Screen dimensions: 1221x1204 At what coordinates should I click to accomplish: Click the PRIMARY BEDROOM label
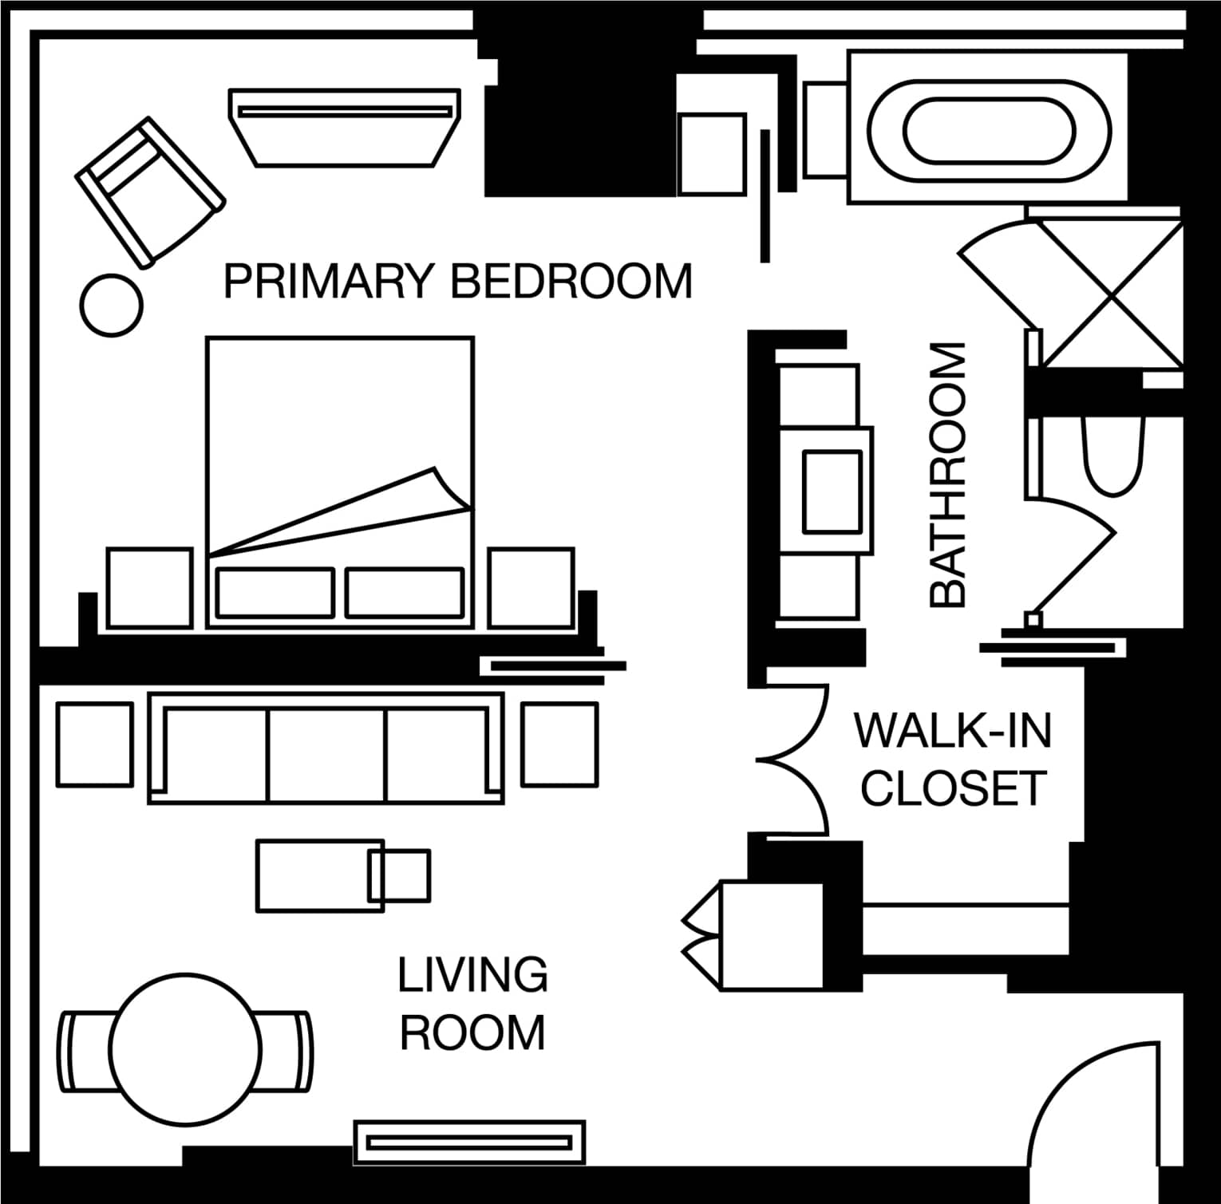click(x=458, y=281)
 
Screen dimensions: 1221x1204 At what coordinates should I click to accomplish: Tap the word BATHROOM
click(x=948, y=475)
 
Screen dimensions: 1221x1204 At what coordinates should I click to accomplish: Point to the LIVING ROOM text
click(x=473, y=1003)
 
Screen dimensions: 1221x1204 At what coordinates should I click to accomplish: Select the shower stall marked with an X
click(x=1110, y=293)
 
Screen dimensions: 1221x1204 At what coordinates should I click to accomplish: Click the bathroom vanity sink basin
click(x=832, y=491)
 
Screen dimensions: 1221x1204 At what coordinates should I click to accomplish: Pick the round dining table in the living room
click(x=185, y=1048)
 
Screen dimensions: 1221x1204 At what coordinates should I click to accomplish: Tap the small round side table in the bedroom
click(x=112, y=305)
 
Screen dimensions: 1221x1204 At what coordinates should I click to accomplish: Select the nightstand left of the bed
click(x=149, y=588)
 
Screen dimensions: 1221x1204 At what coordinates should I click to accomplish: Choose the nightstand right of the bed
click(x=531, y=588)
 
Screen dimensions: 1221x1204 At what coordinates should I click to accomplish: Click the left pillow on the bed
click(x=275, y=593)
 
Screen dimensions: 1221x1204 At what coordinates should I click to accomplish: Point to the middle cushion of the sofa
click(x=327, y=754)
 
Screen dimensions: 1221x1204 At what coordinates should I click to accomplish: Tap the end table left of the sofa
click(x=95, y=744)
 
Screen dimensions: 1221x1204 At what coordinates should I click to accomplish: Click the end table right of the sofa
click(x=559, y=744)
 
